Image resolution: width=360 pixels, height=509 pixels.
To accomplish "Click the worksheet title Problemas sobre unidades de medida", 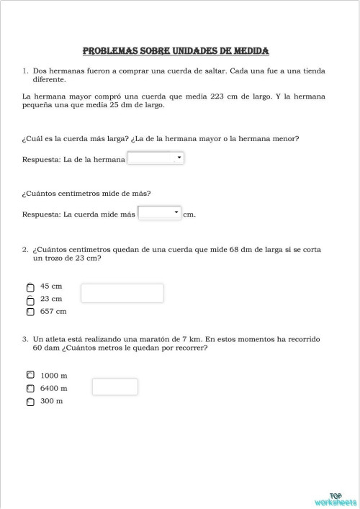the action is [176, 51].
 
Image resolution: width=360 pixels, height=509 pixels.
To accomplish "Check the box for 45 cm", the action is [30, 287].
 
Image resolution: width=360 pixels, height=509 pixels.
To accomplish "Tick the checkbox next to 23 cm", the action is [30, 299].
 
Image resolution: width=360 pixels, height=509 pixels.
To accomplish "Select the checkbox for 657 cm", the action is [30, 312].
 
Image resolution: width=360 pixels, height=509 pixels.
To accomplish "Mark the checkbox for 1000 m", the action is [30, 375].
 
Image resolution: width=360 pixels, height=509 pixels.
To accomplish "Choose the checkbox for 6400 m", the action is [30, 389].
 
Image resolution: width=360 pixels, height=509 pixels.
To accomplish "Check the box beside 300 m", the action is [30, 402].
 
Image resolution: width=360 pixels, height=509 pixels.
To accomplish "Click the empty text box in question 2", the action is [122, 293].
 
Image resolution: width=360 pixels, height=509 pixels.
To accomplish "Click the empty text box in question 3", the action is [114, 387].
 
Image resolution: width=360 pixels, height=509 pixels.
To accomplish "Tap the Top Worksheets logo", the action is [335, 499].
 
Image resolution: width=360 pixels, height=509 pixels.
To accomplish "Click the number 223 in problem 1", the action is [218, 96].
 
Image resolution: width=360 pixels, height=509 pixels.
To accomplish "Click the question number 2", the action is [24, 249].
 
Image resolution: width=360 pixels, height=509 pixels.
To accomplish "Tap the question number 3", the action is [24, 338].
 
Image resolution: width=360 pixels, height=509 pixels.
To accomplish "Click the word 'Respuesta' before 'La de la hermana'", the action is [41, 159].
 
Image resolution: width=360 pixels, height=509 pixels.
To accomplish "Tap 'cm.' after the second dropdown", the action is [189, 214].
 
